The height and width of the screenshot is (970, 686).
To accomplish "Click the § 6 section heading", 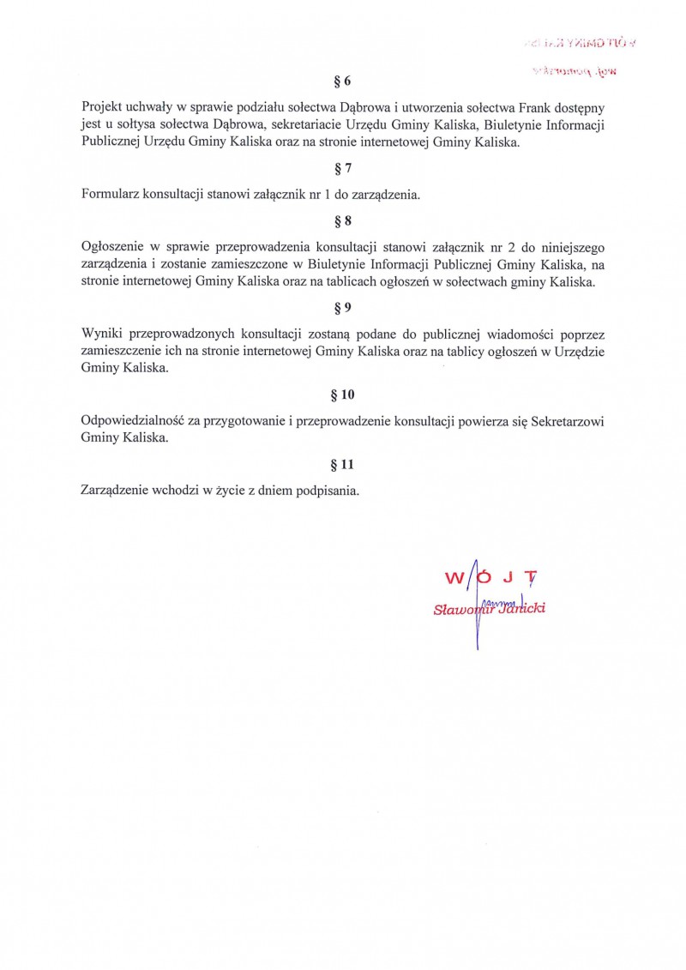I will click(x=342, y=81).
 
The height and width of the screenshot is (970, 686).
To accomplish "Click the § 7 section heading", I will click(x=342, y=168).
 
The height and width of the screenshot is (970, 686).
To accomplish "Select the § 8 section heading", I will click(x=342, y=221).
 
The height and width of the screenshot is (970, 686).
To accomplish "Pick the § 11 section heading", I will click(x=342, y=465).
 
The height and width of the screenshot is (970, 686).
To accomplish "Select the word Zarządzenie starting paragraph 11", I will click(x=115, y=491).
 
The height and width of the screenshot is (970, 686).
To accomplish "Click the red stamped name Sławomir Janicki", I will click(x=490, y=610).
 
